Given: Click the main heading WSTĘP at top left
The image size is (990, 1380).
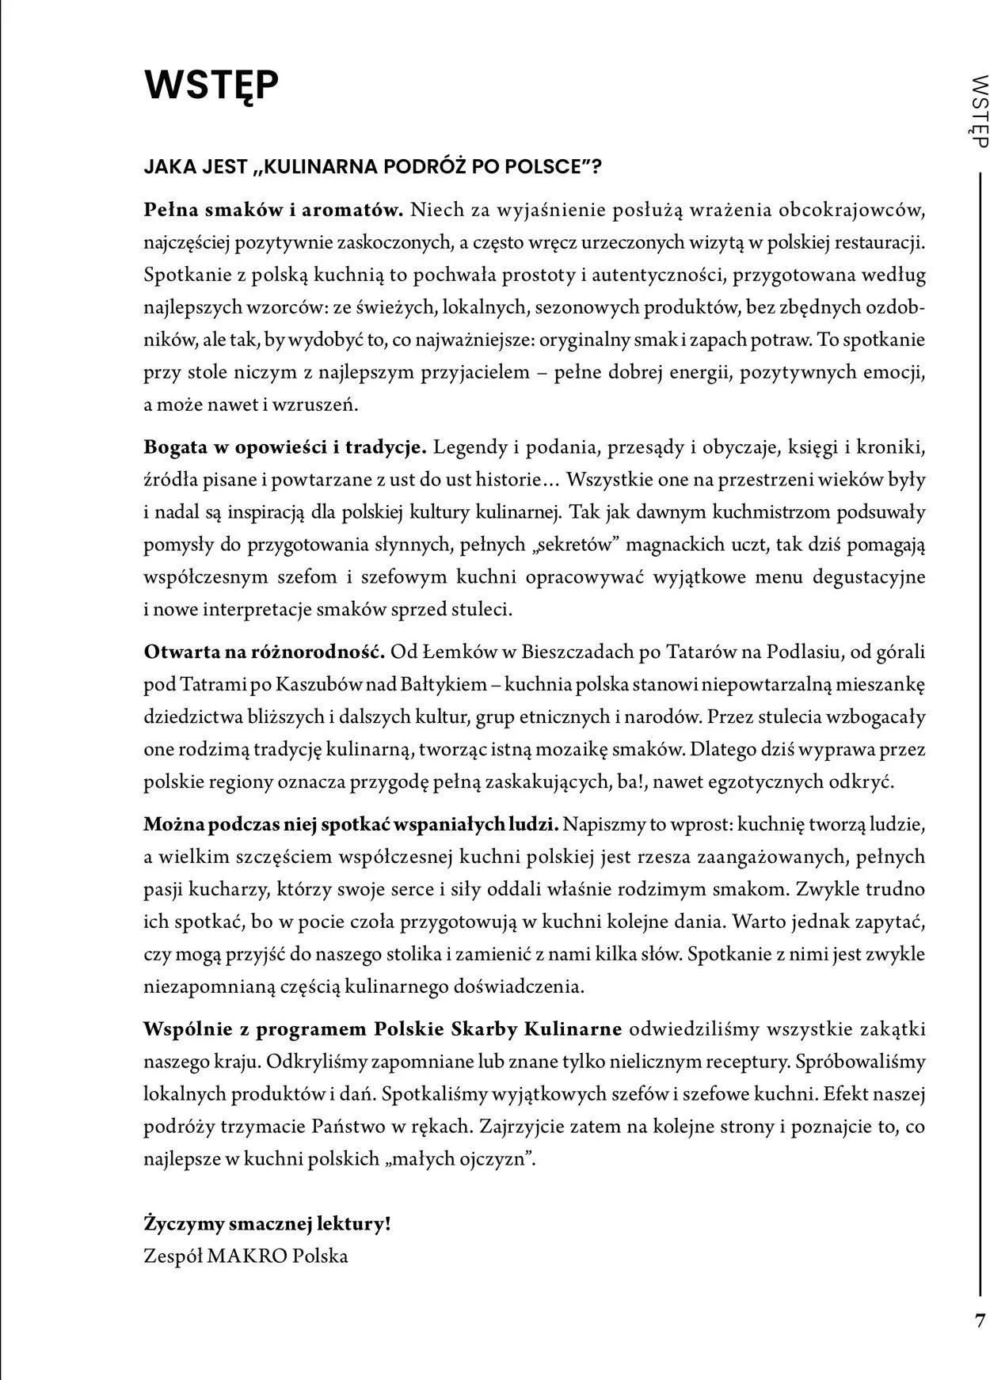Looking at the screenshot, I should click(211, 86).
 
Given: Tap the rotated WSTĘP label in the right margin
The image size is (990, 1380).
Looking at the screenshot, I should click(980, 111).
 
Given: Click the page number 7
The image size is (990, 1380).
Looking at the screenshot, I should click(980, 1321).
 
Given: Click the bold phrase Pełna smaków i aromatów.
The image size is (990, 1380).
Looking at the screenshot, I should click(274, 211).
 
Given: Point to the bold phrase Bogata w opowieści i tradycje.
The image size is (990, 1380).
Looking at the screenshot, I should click(285, 447).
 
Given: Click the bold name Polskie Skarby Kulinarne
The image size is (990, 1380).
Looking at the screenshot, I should click(497, 1029).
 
